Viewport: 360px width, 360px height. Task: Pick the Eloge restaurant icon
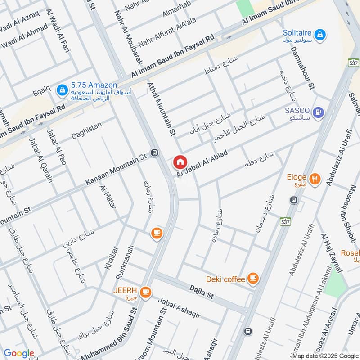click(x=316, y=178)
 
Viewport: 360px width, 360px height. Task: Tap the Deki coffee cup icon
click(x=253, y=279)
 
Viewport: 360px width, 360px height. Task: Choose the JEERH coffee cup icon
click(x=145, y=292)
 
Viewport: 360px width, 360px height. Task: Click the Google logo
click(x=18, y=353)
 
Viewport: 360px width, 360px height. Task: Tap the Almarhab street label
click(x=173, y=15)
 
